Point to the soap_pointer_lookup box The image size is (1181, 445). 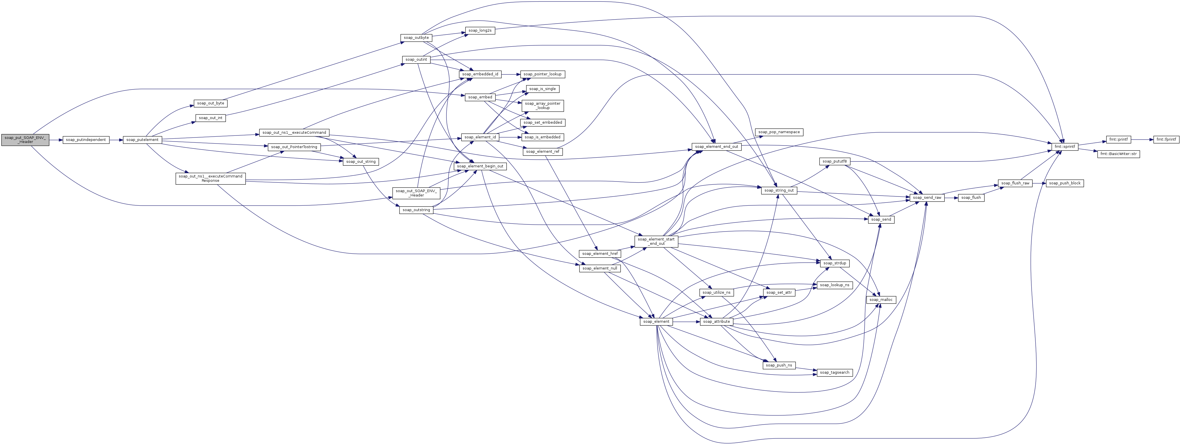(x=542, y=74)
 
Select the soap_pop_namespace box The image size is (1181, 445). (x=779, y=132)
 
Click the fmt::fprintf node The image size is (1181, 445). (x=1166, y=139)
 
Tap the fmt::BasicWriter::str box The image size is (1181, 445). (x=1119, y=154)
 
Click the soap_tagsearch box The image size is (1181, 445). (x=834, y=373)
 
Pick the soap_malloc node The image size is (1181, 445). (x=881, y=300)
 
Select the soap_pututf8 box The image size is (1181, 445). (x=834, y=161)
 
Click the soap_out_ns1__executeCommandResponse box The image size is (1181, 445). (x=210, y=179)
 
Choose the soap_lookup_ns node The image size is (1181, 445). (x=834, y=285)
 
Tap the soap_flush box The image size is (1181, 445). (x=971, y=198)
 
